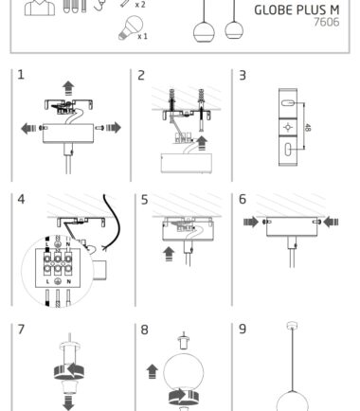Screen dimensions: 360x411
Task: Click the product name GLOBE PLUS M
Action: (297, 10)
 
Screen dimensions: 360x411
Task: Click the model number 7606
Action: (327, 22)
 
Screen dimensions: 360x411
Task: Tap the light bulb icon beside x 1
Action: (131, 28)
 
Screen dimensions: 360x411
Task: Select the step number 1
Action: (21, 75)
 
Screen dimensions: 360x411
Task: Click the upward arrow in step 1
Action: (68, 88)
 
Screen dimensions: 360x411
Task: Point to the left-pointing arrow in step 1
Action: (28, 128)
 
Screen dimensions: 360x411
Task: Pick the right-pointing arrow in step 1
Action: (114, 128)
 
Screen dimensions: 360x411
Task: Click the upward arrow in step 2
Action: (202, 143)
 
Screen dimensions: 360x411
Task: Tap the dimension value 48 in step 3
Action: (308, 128)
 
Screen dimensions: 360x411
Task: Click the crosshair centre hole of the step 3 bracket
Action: (288, 127)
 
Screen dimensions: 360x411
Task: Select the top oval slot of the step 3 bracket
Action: (288, 103)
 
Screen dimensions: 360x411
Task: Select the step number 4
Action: (21, 199)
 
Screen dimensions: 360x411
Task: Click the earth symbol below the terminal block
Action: (58, 281)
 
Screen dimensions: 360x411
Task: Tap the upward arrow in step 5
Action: (169, 254)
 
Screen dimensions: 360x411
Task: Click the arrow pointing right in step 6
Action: (251, 222)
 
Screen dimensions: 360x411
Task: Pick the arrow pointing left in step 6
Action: (331, 222)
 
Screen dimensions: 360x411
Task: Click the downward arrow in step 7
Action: (68, 402)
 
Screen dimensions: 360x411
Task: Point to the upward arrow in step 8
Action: (153, 371)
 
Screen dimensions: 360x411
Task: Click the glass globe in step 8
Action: (184, 373)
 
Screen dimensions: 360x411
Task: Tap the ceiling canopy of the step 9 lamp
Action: (292, 326)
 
